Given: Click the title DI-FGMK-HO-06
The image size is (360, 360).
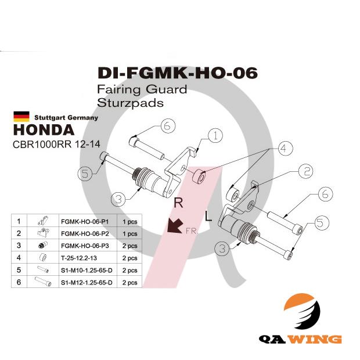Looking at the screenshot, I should tap(177, 74).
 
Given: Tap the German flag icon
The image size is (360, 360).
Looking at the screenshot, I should tap(21, 116).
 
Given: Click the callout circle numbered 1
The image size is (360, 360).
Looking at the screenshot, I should tap(215, 136).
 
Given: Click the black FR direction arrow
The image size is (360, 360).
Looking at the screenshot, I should tap(174, 225).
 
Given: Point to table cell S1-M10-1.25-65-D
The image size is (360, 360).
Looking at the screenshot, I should tap(87, 270).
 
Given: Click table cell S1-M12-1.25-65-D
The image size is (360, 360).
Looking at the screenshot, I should tap(87, 283).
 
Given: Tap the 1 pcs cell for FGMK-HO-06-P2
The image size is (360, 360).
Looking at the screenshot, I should tap(129, 233).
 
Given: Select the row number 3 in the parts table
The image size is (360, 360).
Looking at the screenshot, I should tap(19, 246).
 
